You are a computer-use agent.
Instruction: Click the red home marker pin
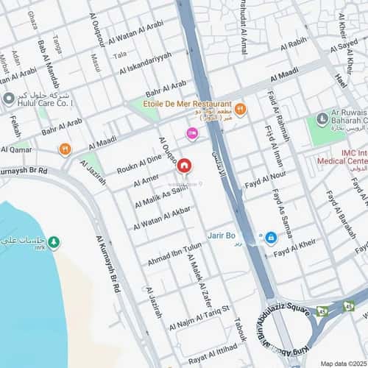click(184, 166)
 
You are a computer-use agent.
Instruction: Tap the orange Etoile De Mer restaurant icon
click(241, 110)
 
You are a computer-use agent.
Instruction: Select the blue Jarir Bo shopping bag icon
click(270, 237)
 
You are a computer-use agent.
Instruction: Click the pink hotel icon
click(192, 132)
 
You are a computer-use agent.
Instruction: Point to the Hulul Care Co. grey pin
click(8, 98)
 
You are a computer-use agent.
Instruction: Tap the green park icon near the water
click(54, 243)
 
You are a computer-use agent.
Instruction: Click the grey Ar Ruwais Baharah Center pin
click(322, 118)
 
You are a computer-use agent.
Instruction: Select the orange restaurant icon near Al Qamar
click(65, 149)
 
